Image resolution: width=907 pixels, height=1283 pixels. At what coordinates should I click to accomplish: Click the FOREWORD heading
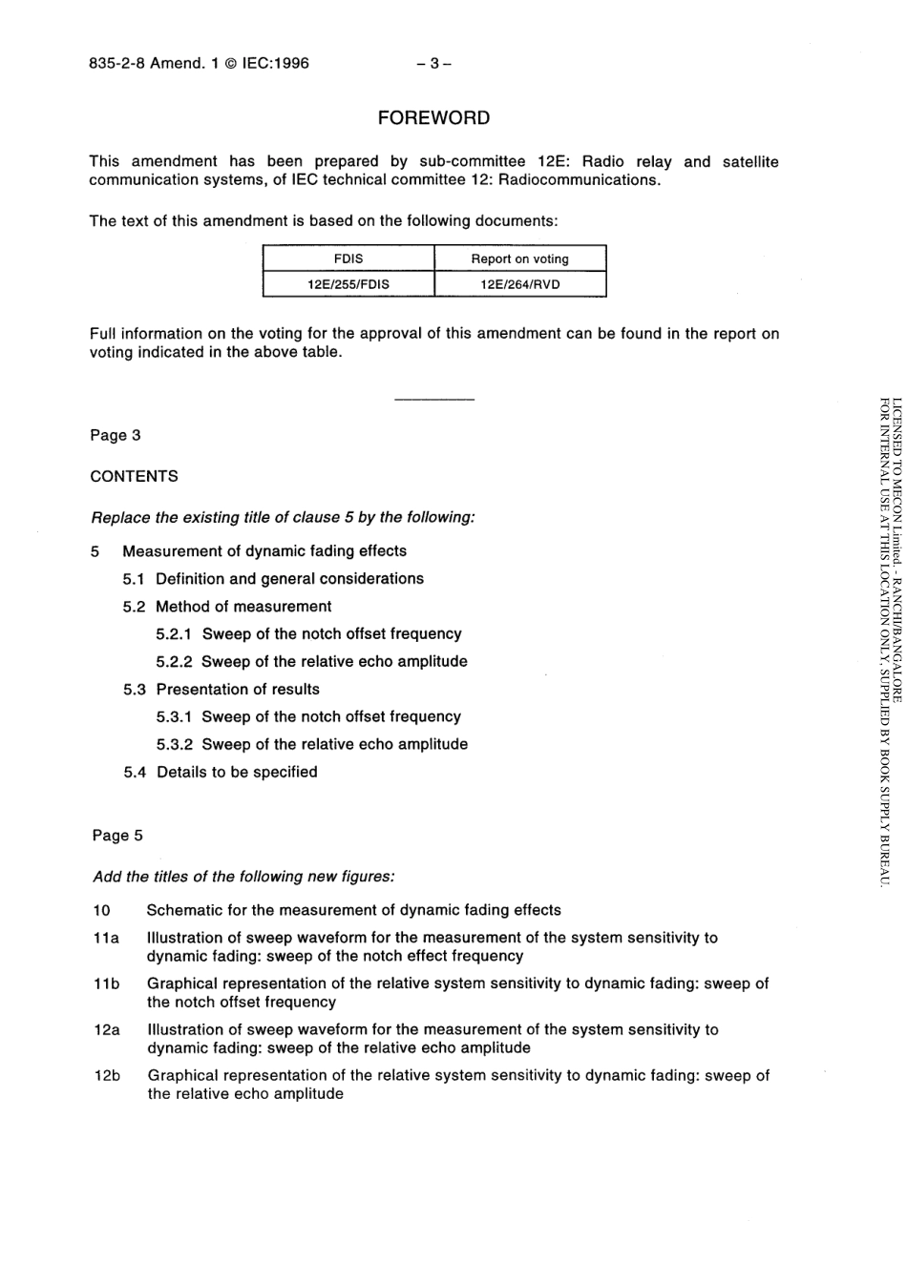(433, 118)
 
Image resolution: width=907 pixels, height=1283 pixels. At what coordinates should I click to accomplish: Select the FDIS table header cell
(348, 259)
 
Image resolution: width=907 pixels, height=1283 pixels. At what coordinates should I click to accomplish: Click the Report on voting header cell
(519, 259)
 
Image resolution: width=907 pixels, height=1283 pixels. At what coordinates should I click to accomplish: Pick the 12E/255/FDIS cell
(348, 284)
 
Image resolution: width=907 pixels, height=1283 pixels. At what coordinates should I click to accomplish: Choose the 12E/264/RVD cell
(519, 284)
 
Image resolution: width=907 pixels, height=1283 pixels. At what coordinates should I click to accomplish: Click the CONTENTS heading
(134, 476)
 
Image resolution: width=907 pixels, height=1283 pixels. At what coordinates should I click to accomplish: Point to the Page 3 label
(116, 435)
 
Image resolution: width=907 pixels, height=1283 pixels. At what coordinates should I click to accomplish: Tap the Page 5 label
(117, 835)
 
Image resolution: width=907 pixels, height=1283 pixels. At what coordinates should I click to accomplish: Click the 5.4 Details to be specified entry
(221, 772)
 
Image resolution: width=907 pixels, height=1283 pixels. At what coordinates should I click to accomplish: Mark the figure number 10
(102, 910)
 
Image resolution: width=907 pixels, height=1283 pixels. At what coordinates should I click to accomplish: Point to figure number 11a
(106, 938)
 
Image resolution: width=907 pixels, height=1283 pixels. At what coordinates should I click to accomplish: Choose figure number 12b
(107, 1075)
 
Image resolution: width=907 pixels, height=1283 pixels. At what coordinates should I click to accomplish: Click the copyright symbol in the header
(230, 64)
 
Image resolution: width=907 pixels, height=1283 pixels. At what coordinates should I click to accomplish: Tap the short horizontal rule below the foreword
(433, 399)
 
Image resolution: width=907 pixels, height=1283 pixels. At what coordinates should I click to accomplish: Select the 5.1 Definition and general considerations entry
(273, 578)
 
